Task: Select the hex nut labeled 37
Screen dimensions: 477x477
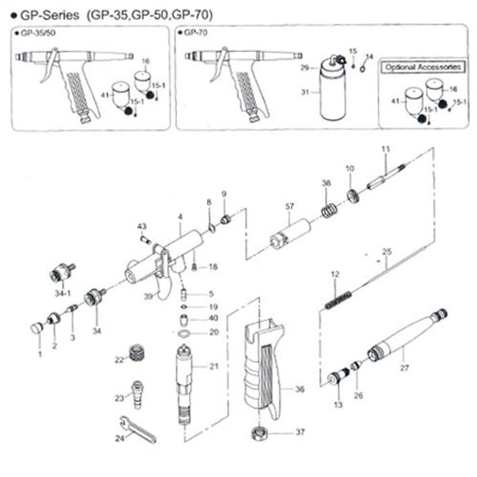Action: [259, 434]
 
